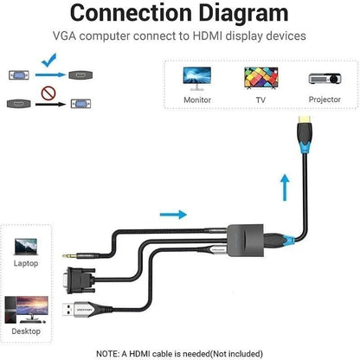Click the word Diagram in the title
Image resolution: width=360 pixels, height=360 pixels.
tap(241, 15)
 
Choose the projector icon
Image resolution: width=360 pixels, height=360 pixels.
tap(324, 79)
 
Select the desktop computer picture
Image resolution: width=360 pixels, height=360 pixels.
tap(25, 309)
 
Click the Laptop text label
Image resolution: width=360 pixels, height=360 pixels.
tap(25, 265)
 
